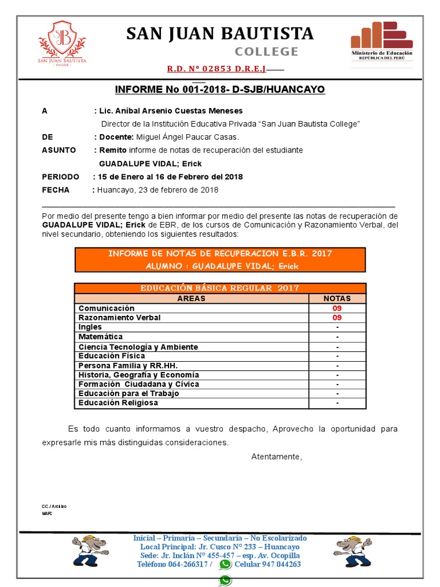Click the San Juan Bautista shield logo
click(x=62, y=43)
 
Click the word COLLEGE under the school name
click(x=267, y=52)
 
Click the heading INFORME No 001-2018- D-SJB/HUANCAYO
click(x=220, y=89)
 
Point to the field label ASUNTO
click(x=59, y=150)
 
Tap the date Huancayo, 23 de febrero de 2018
click(x=158, y=190)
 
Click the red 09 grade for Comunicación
click(x=337, y=308)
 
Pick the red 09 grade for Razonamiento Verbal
click(x=337, y=318)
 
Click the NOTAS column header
click(x=337, y=299)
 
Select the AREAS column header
click(x=191, y=299)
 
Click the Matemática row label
click(x=101, y=336)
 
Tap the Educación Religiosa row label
click(x=118, y=402)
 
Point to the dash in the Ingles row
click(x=337, y=327)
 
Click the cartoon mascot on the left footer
click(x=90, y=551)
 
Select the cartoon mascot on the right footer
click(x=352, y=551)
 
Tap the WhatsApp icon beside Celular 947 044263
click(x=225, y=564)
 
